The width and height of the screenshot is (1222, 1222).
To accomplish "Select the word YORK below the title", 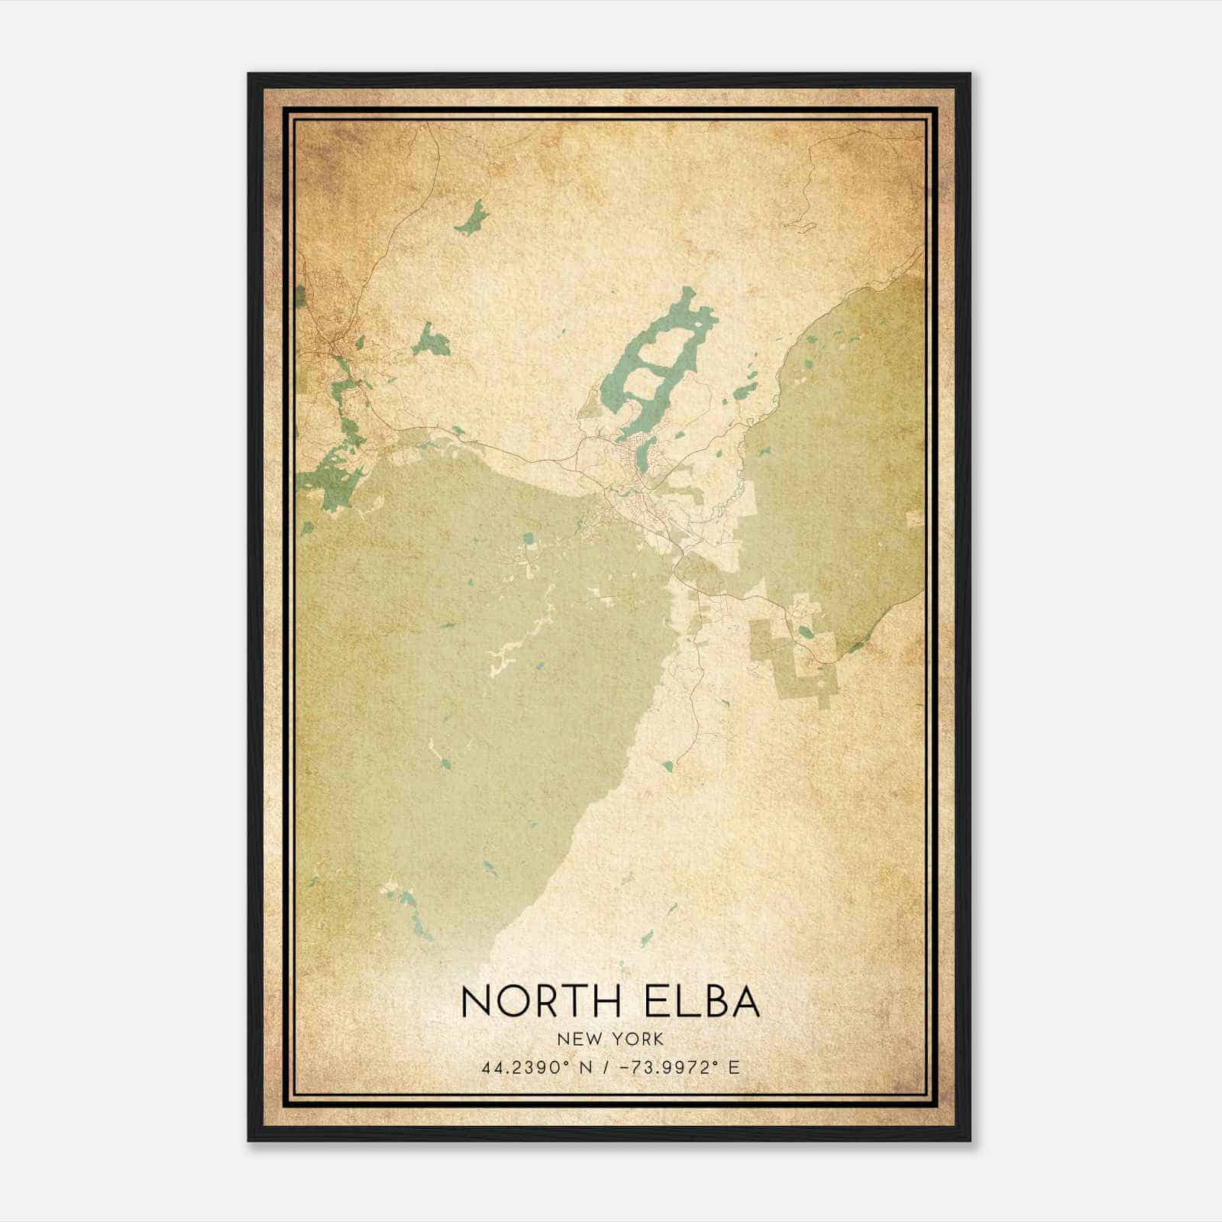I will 638,1039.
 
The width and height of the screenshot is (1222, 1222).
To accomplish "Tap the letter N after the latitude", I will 587,1067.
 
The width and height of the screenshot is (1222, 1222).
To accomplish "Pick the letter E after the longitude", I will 734,1067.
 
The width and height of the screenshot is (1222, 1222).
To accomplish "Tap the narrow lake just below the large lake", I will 643,457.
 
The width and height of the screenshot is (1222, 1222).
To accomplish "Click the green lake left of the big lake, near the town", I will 432,340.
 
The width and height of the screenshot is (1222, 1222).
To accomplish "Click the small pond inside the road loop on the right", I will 805,632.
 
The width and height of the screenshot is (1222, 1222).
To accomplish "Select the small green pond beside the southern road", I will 668,765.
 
